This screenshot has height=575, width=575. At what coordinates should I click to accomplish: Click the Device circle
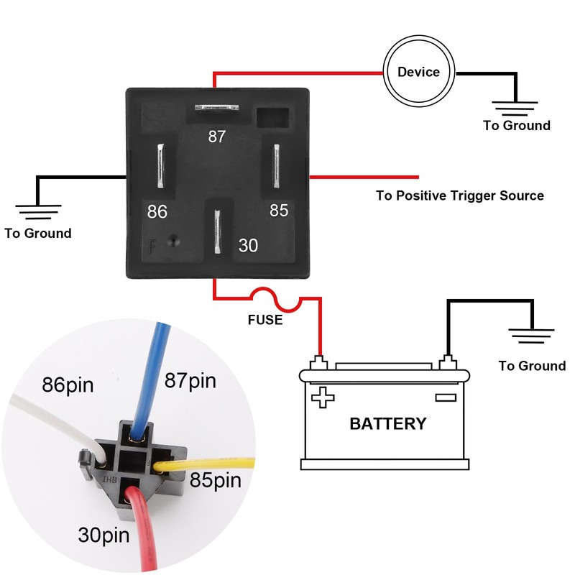pos(418,72)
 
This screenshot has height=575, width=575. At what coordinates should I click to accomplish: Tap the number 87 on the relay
pos(217,137)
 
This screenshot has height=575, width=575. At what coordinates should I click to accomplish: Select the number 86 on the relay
pos(157,211)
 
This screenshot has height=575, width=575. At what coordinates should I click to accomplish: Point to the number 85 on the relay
pos(279,210)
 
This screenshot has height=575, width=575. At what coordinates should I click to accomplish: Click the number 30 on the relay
pos(248,245)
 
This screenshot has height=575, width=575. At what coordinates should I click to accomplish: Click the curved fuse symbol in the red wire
pos(267,296)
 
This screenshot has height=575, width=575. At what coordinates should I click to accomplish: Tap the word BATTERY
pos(387,423)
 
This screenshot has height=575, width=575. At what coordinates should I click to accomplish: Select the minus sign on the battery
pos(446,397)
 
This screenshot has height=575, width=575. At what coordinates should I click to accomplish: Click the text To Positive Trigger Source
pos(460,195)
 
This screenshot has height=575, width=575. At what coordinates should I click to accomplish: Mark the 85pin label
pos(215,479)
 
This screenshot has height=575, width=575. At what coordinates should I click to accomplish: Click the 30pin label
pos(105,535)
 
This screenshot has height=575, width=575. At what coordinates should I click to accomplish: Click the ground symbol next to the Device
pos(516,108)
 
